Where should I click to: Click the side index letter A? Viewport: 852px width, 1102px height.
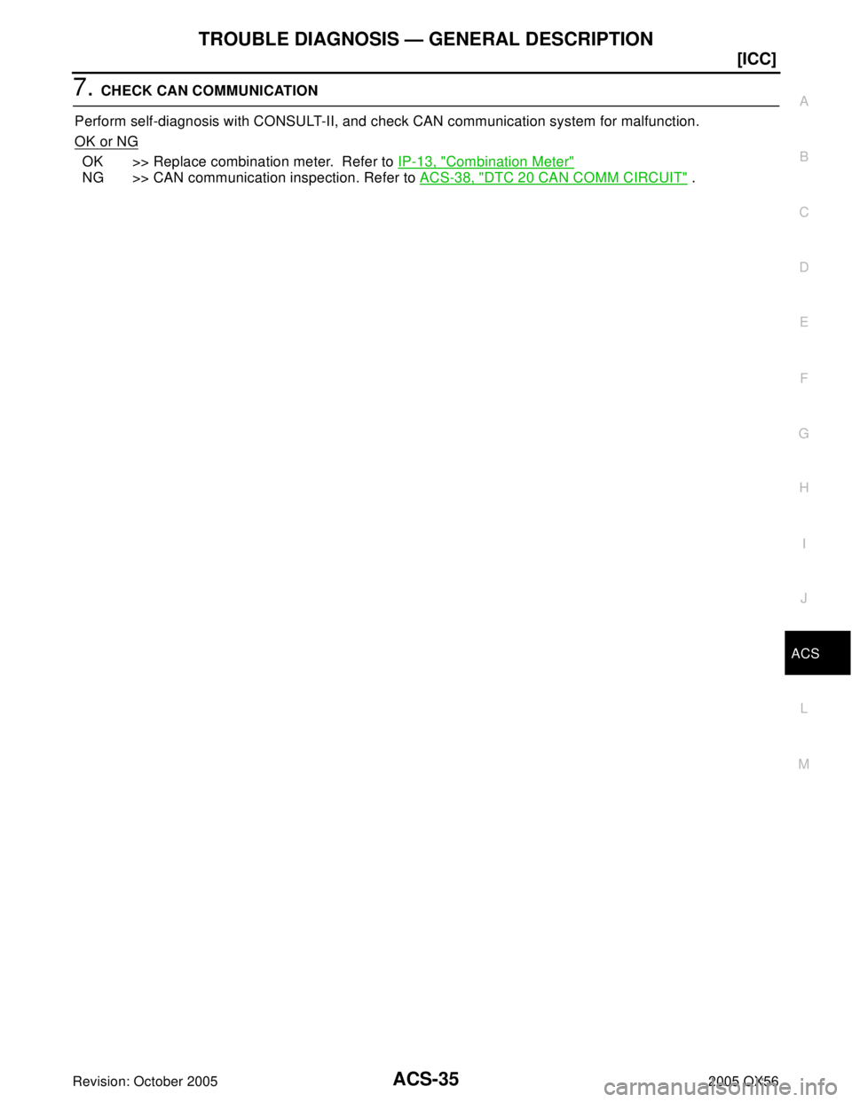click(803, 102)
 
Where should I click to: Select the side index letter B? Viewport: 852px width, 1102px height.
click(803, 157)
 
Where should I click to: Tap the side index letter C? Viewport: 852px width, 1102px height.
click(803, 212)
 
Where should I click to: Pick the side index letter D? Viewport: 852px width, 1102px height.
click(803, 267)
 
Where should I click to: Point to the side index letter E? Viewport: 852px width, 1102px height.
click(803, 322)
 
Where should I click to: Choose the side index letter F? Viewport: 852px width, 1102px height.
click(803, 378)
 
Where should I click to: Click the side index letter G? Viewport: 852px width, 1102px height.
click(803, 433)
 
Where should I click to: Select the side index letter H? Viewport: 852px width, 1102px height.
click(803, 488)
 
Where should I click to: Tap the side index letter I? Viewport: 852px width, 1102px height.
click(803, 544)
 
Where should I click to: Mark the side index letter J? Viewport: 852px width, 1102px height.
click(803, 599)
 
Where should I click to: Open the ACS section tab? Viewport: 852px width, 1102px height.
click(805, 654)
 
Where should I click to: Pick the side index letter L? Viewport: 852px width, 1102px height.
click(803, 709)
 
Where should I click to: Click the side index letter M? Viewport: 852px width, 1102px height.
click(803, 764)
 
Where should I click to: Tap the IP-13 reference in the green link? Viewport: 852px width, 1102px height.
click(414, 161)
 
